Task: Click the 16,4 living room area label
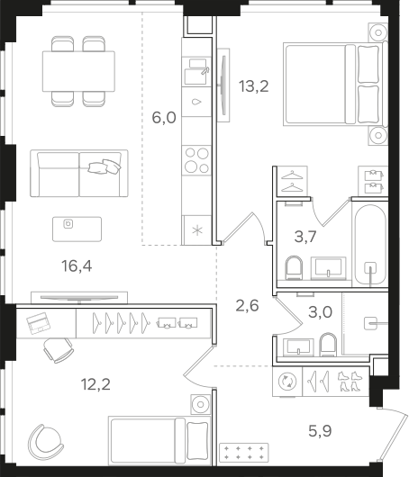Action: [x=77, y=266]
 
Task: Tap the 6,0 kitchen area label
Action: [x=164, y=118]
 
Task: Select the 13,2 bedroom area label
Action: [x=254, y=86]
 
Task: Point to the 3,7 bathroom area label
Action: [x=305, y=237]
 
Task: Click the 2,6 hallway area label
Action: [x=247, y=305]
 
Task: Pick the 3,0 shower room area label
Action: [x=320, y=312]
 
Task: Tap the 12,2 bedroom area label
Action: [x=95, y=384]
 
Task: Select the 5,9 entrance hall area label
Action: [x=320, y=431]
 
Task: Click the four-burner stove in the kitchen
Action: [x=196, y=160]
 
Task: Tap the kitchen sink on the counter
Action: [x=196, y=72]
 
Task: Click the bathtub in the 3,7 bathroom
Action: [x=370, y=244]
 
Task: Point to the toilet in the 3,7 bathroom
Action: [x=295, y=267]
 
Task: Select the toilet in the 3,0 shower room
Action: [x=328, y=345]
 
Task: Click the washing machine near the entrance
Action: [x=287, y=382]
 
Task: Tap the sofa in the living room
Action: [x=79, y=173]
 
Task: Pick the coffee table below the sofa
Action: [x=77, y=229]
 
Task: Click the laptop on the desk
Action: [x=39, y=323]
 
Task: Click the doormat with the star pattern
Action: [x=243, y=453]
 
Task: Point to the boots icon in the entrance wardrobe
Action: [x=350, y=382]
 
